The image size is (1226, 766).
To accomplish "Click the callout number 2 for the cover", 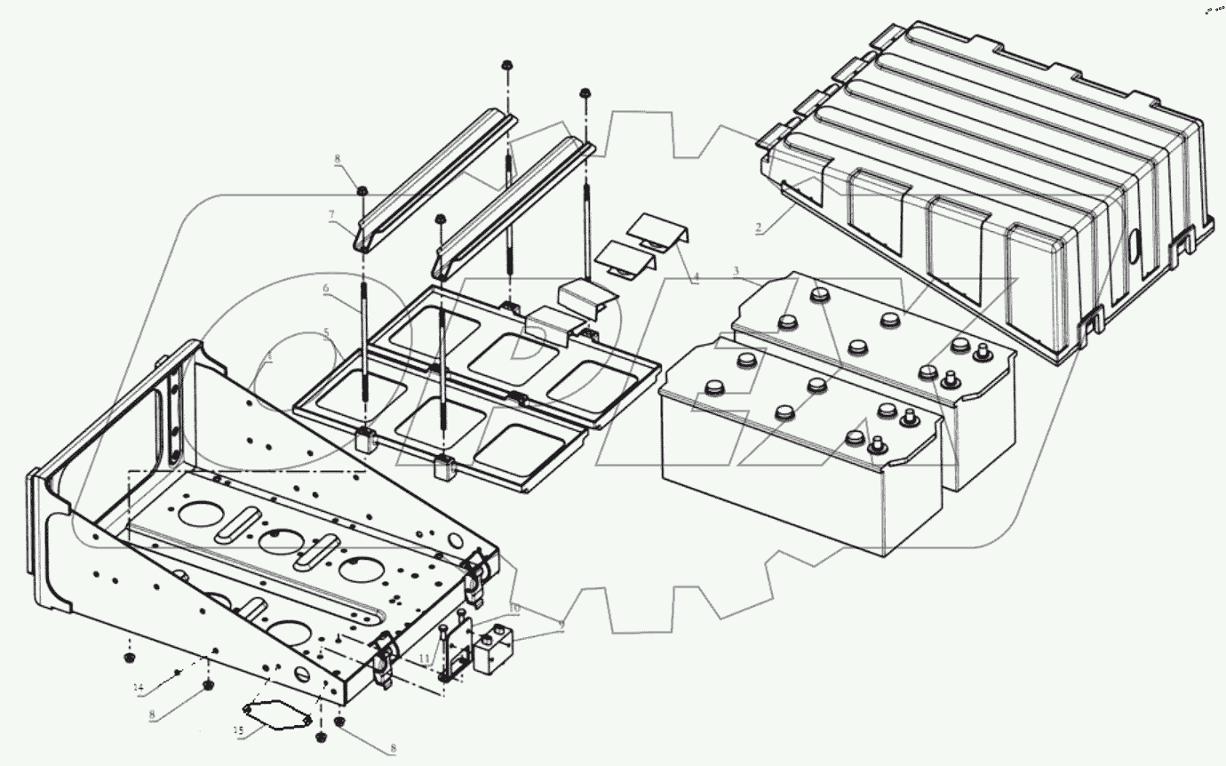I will click(x=758, y=227).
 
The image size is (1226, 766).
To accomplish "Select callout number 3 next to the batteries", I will click(x=736, y=270).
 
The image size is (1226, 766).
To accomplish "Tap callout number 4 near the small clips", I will click(x=696, y=278).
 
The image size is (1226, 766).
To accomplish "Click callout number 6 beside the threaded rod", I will click(x=326, y=289).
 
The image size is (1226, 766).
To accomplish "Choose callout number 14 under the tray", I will click(x=138, y=688).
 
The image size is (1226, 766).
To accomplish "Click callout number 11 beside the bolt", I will click(x=424, y=659).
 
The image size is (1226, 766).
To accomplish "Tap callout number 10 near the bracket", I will click(x=513, y=607).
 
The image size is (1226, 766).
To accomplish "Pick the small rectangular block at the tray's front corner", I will click(x=496, y=649).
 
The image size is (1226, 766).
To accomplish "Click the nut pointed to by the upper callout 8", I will click(x=363, y=190).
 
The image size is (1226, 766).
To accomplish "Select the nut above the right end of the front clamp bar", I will click(x=585, y=93).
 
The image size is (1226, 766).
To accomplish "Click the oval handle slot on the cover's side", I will click(x=1136, y=246).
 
